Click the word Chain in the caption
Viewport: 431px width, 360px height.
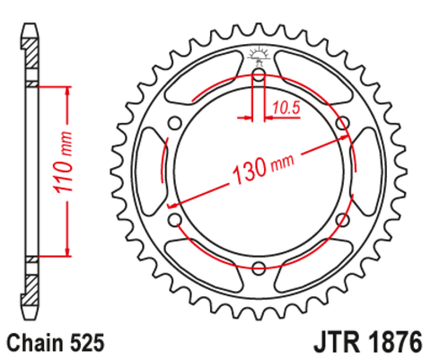tap(36, 343)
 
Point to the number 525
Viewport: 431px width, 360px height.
tap(90, 343)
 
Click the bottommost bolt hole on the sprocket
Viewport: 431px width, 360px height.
tap(259, 267)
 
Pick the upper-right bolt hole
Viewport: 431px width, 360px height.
tap(341, 123)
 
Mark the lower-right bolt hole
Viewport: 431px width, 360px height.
tap(341, 218)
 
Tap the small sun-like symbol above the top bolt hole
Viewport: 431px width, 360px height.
tap(259, 54)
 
